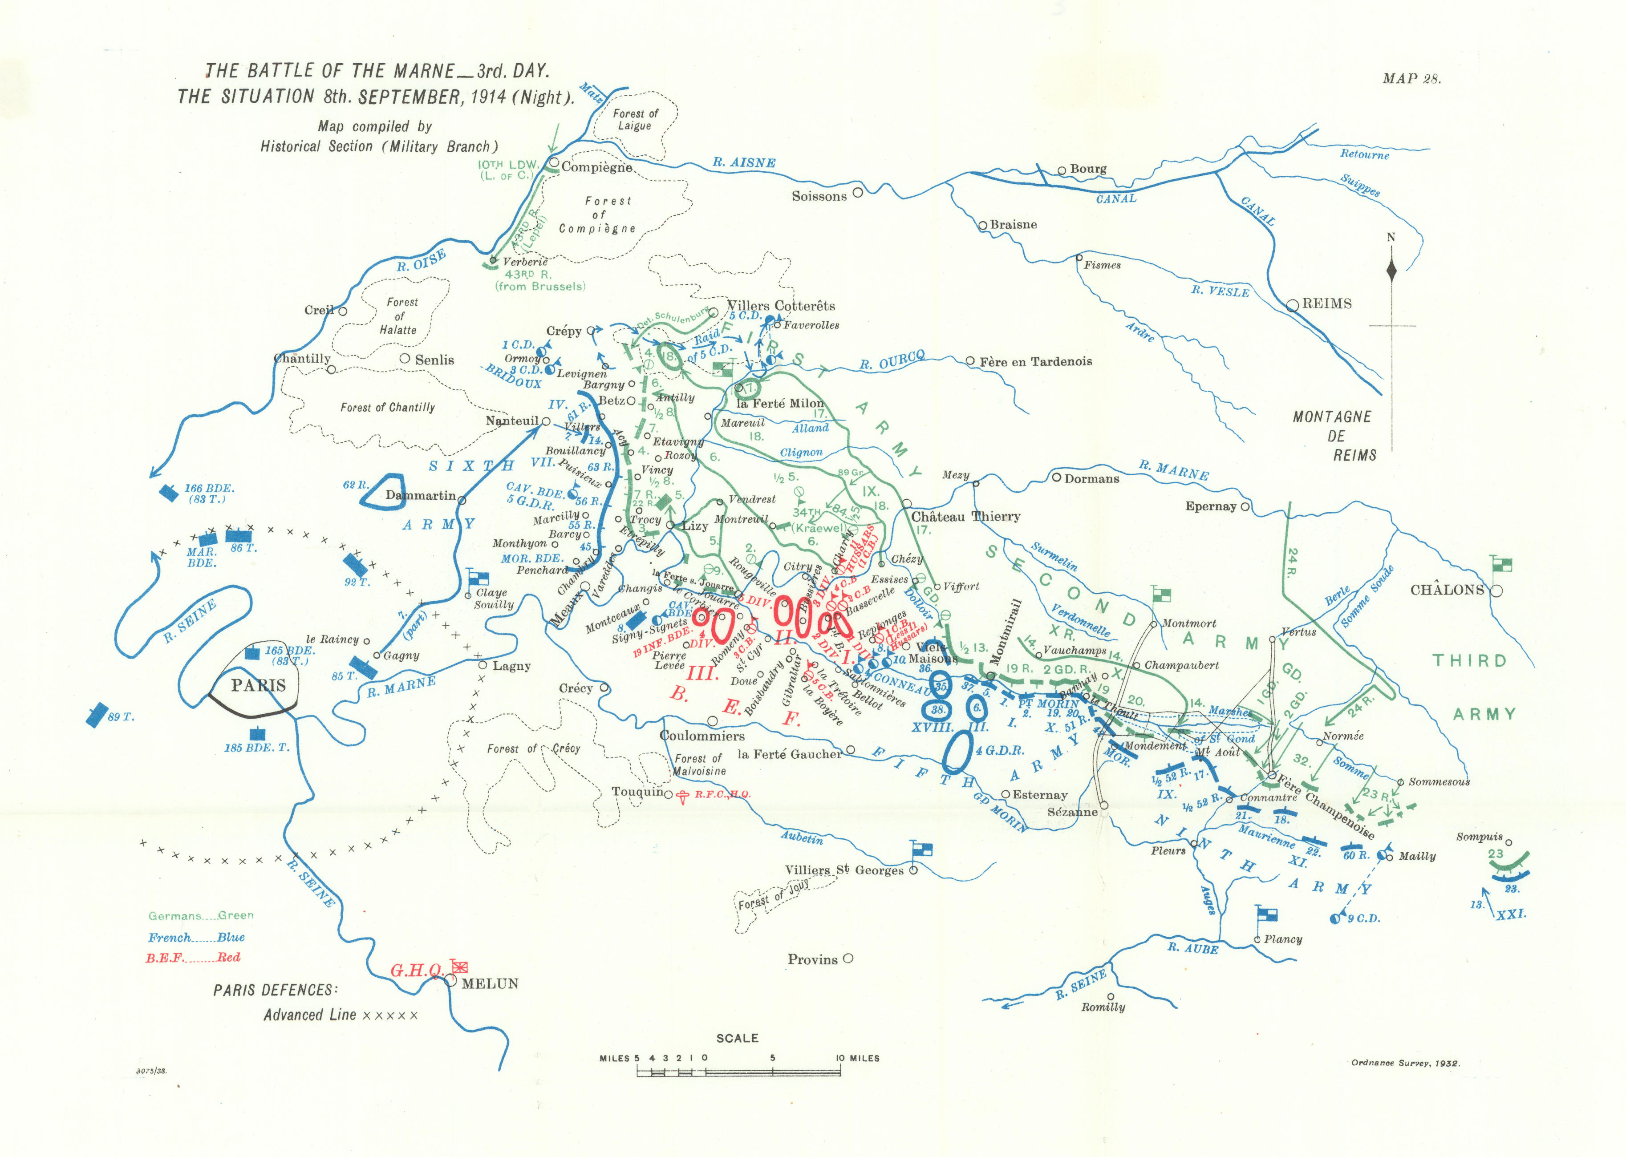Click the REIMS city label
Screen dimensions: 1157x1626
point(1327,303)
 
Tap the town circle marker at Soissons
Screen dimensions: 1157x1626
point(858,192)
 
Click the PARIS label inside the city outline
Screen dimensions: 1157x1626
point(258,685)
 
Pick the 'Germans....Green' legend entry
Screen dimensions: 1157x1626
point(201,915)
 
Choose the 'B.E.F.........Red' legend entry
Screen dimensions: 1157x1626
point(193,958)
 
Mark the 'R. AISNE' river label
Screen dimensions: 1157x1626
point(744,162)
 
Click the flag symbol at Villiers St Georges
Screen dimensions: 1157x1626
point(922,849)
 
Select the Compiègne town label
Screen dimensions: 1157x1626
point(596,167)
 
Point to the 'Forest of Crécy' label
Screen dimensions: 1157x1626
point(533,749)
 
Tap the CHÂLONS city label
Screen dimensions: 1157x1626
point(1447,590)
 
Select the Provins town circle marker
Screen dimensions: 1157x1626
point(848,959)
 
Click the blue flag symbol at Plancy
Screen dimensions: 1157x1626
point(1266,915)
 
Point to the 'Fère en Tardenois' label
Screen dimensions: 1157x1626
point(1035,362)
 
